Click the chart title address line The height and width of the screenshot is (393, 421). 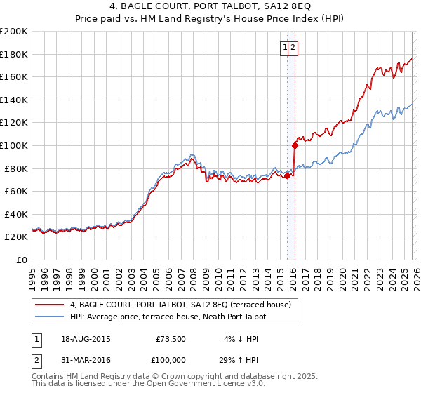tap(210, 7)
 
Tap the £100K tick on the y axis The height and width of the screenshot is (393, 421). tap(14, 145)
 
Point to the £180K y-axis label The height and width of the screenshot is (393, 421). tap(14, 54)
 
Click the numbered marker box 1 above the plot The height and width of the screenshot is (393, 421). tap(286, 48)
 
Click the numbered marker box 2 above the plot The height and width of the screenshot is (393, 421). tap(294, 48)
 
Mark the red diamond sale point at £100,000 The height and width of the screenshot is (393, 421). tap(295, 145)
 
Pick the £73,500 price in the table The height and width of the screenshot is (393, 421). tap(171, 339)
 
